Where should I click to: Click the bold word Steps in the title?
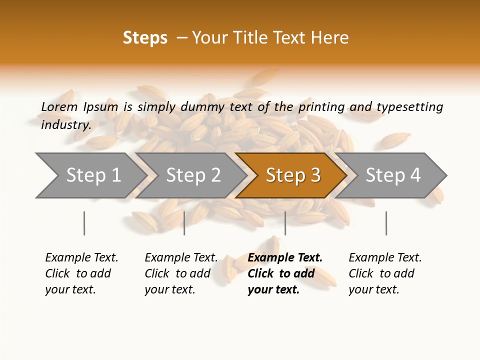[145, 38]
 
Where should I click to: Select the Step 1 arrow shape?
[90, 175]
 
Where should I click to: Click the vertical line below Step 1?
[84, 223]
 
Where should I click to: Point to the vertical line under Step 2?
[184, 223]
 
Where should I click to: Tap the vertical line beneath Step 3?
[285, 223]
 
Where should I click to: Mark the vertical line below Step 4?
[386, 223]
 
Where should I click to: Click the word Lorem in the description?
[59, 106]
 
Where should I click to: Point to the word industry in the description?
[65, 125]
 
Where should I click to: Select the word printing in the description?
[321, 107]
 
